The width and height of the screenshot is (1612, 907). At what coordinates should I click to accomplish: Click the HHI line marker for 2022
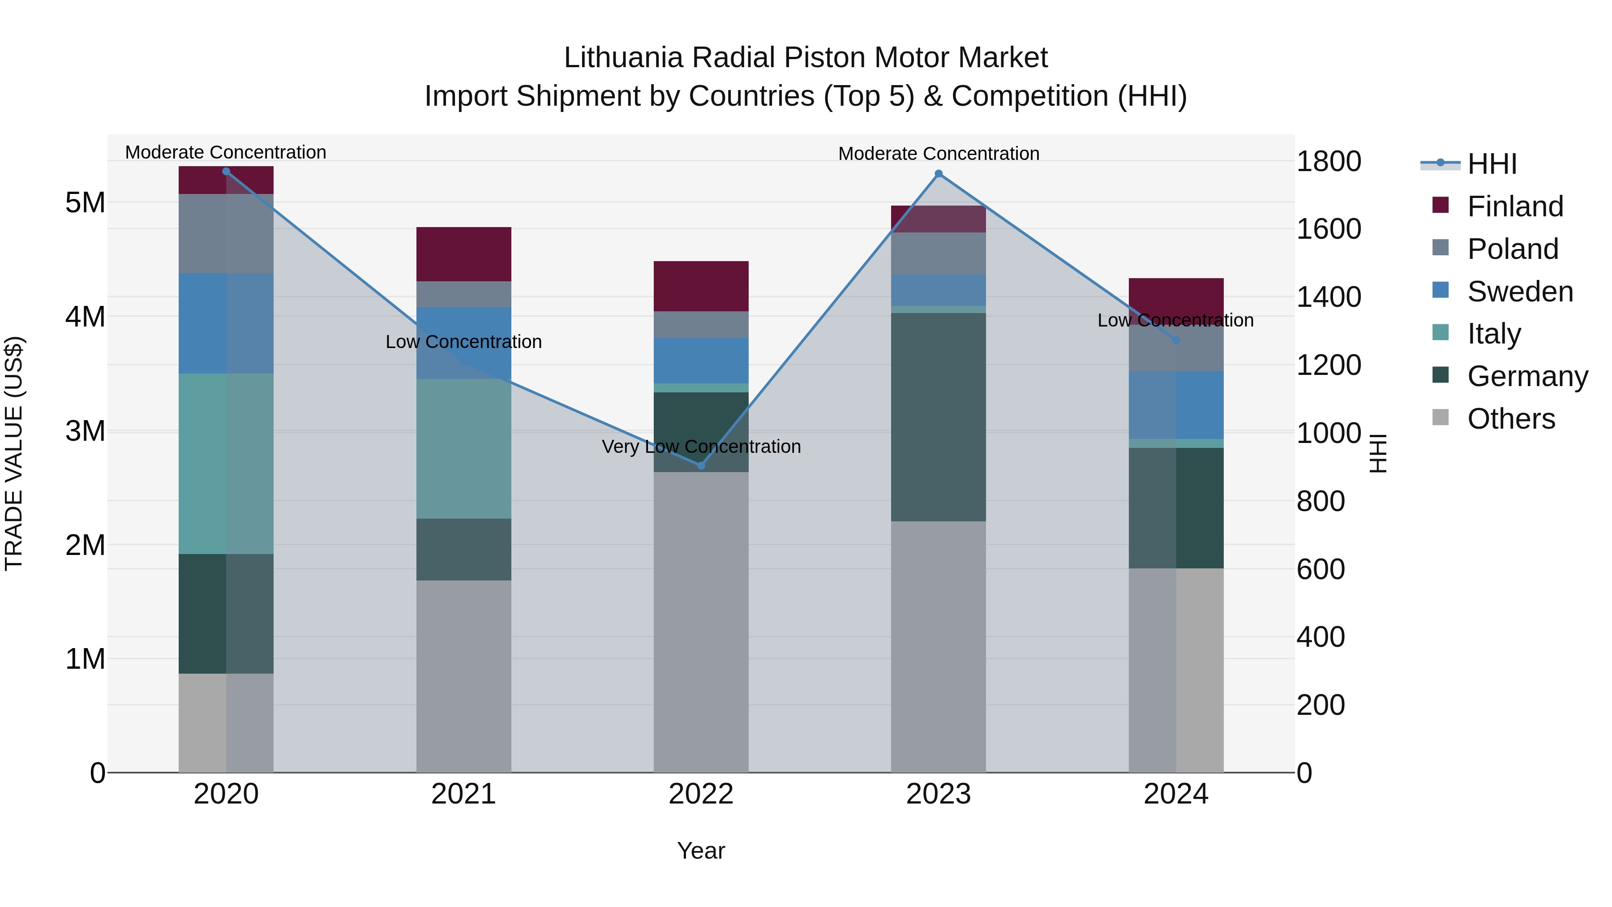(x=701, y=465)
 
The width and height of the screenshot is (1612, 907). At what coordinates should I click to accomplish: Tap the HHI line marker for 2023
(x=938, y=173)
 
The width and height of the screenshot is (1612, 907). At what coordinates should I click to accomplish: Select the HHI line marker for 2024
(x=1176, y=340)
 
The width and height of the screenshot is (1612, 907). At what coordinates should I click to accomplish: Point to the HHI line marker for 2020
(x=226, y=172)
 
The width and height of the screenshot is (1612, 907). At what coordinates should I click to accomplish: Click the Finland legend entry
(x=1514, y=206)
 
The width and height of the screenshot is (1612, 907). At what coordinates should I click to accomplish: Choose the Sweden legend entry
(x=1519, y=292)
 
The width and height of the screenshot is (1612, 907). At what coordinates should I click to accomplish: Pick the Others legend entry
(x=1511, y=419)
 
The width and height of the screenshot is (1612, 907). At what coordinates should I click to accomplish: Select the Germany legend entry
(x=1527, y=376)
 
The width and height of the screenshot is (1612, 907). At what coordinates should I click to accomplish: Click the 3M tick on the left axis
(x=85, y=430)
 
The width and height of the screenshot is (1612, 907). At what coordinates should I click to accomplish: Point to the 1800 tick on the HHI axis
(x=1329, y=162)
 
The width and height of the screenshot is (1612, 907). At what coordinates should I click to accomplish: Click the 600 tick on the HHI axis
(x=1320, y=569)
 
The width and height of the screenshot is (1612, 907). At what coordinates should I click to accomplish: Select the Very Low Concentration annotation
(x=701, y=446)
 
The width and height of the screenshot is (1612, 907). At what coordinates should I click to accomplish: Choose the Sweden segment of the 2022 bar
(x=701, y=360)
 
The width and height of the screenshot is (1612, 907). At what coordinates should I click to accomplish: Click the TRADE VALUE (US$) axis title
(x=14, y=453)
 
